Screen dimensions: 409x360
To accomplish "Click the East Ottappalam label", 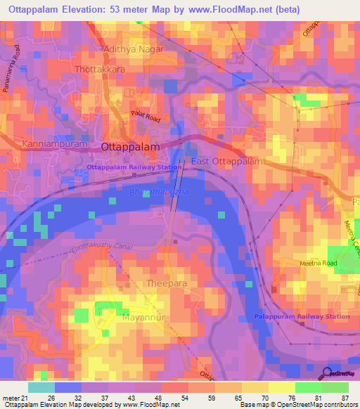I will pyautogui.click(x=227, y=162).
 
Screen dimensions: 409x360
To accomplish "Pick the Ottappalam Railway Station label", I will pyautogui.click(x=134, y=167).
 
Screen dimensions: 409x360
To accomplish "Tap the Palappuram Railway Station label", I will pyautogui.click(x=302, y=316).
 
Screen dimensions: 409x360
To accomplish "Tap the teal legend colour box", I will pyautogui.click(x=41, y=387).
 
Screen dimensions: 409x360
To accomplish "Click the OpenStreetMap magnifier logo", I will pyautogui.click(x=326, y=374).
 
